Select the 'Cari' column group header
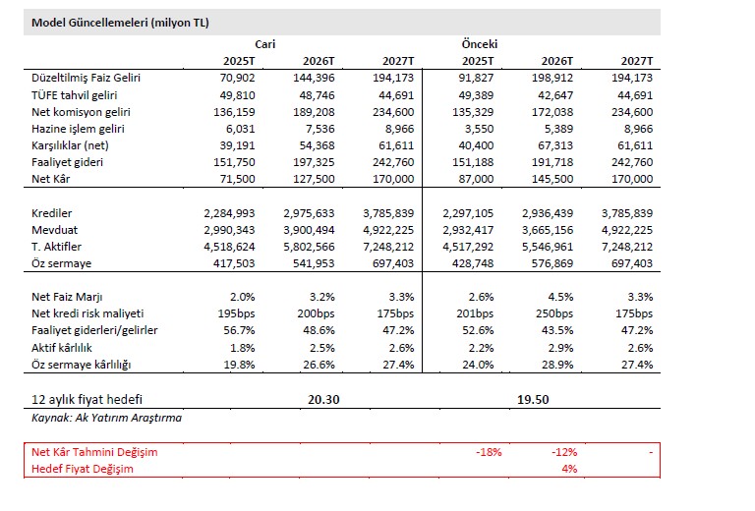pyautogui.click(x=264, y=44)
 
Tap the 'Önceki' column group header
pyautogui.click(x=480, y=44)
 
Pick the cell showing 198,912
pyautogui.click(x=556, y=78)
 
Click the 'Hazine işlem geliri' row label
pyautogui.click(x=79, y=129)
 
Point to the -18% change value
pyautogui.click(x=488, y=452)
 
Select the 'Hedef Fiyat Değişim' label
pyautogui.click(x=84, y=469)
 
